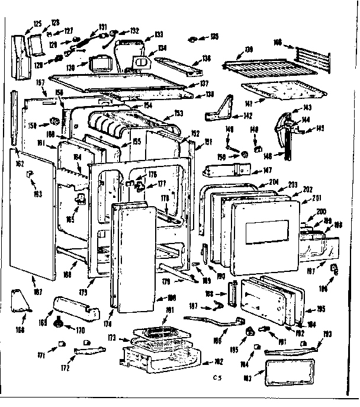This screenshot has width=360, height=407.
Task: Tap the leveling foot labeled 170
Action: point(59,323)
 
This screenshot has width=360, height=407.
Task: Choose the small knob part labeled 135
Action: point(194,39)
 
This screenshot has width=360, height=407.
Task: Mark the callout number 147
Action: point(258,170)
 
